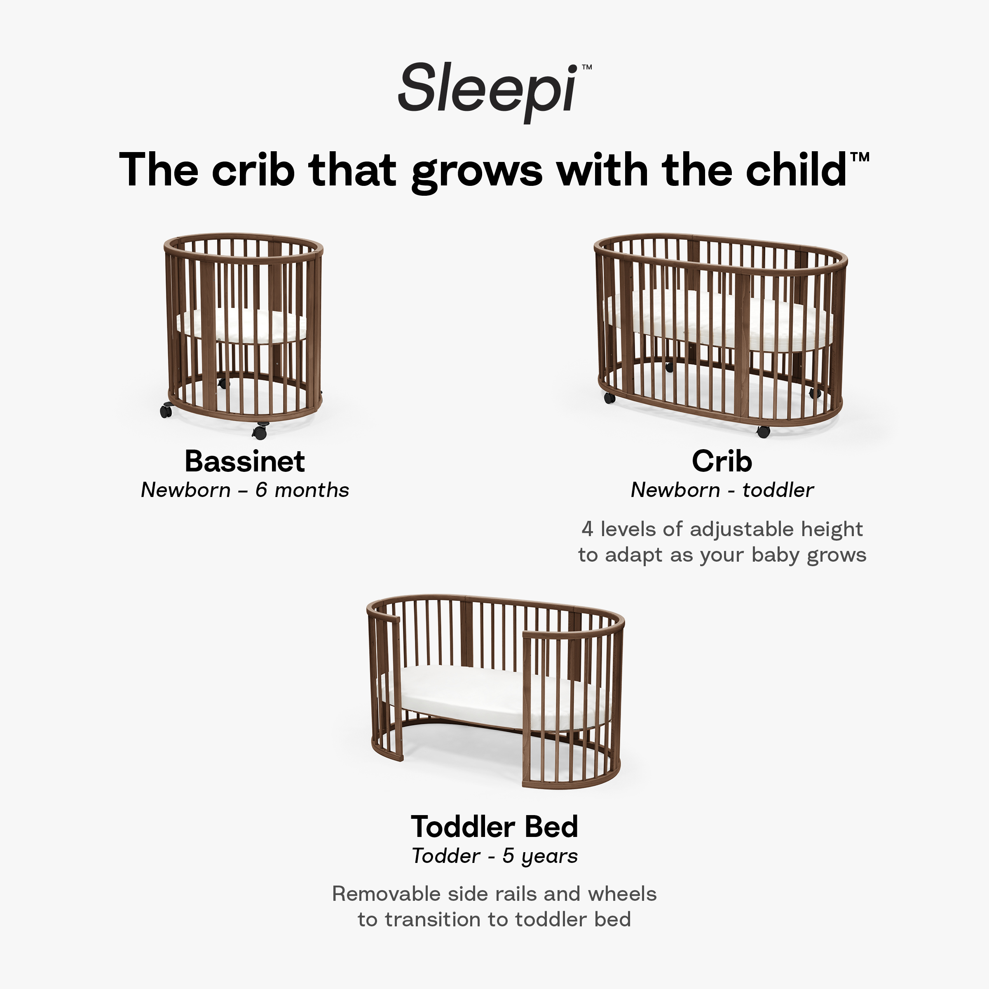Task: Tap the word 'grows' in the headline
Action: (477, 171)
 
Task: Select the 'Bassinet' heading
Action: (245, 461)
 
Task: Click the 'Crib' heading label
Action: (722, 461)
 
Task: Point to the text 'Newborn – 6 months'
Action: (245, 490)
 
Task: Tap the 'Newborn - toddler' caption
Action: (722, 490)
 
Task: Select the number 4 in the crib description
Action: (587, 529)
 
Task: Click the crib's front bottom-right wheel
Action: (763, 431)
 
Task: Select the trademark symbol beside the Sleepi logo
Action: (587, 67)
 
